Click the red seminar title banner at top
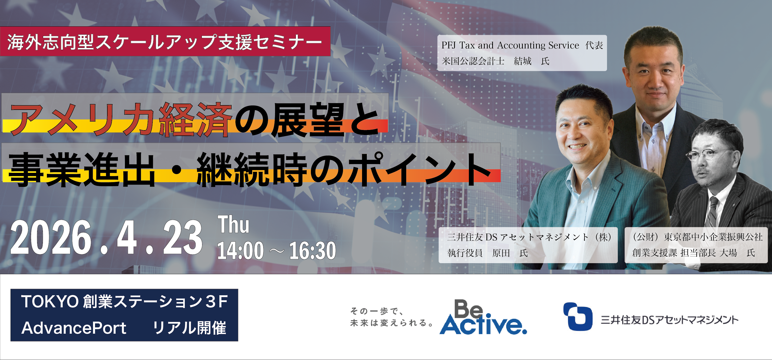[x=165, y=41]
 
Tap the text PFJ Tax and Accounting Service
[x=510, y=45]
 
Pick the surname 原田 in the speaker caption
[x=501, y=253]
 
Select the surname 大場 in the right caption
[x=728, y=253]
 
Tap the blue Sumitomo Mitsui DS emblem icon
[x=578, y=316]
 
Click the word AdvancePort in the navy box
[x=74, y=328]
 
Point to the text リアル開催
[x=189, y=328]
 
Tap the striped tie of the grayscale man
[x=713, y=212]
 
